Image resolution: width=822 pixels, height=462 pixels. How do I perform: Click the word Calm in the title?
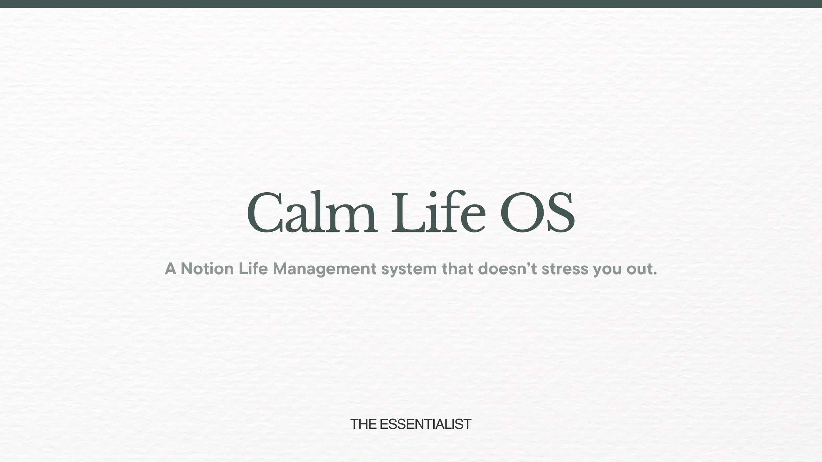tap(312, 212)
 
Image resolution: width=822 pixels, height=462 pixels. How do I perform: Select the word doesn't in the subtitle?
tap(507, 269)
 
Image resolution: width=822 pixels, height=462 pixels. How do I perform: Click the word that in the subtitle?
tap(457, 269)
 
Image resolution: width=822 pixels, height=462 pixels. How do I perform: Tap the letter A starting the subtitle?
tap(170, 269)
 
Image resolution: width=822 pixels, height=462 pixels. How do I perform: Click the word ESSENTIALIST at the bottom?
tap(425, 424)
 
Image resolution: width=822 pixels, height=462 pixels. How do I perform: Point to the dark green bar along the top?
tap(411, 4)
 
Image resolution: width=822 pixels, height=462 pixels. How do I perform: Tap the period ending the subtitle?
tap(655, 274)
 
